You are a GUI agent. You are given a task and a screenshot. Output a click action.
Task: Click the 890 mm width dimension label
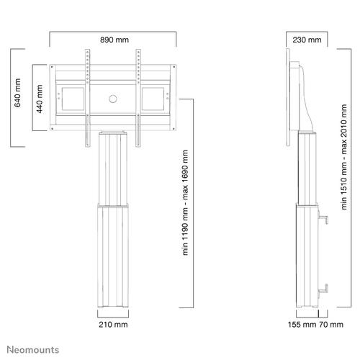[114, 40]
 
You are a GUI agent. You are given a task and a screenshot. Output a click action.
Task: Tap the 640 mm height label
[17, 93]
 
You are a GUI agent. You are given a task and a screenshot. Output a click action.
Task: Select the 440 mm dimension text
[40, 99]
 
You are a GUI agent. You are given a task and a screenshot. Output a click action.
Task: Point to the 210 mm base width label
[113, 325]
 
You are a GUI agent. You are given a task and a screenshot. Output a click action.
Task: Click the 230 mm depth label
[307, 40]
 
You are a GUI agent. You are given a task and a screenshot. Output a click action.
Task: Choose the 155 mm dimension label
[302, 325]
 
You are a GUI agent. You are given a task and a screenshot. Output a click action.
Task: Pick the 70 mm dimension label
[331, 325]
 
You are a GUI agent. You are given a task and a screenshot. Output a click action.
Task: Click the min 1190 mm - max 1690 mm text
[185, 202]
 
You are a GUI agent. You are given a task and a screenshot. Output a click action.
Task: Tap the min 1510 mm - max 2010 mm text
[344, 157]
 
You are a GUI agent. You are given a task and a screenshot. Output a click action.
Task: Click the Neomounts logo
[33, 350]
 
